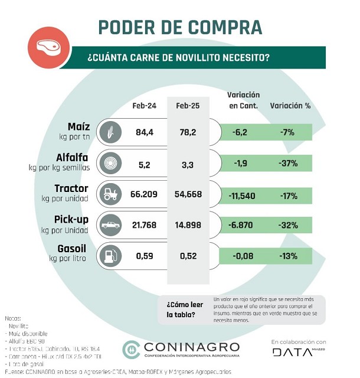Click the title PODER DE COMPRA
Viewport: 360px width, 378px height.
pyautogui.click(x=179, y=27)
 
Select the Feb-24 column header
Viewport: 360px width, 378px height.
pyautogui.click(x=144, y=106)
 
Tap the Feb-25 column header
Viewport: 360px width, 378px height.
pyautogui.click(x=188, y=106)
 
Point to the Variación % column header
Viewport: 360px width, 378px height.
pyautogui.click(x=290, y=106)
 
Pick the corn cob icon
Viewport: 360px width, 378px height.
pyautogui.click(x=109, y=132)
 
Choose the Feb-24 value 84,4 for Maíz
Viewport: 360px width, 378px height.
pyautogui.click(x=145, y=132)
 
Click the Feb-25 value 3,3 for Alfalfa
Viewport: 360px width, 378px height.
pyautogui.click(x=188, y=163)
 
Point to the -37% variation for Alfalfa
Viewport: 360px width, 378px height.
pyautogui.click(x=288, y=163)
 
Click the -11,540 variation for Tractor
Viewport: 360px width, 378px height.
pyautogui.click(x=243, y=194)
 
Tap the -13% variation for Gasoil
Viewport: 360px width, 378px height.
pyautogui.click(x=288, y=256)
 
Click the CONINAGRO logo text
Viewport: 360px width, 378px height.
pyautogui.click(x=190, y=347)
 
